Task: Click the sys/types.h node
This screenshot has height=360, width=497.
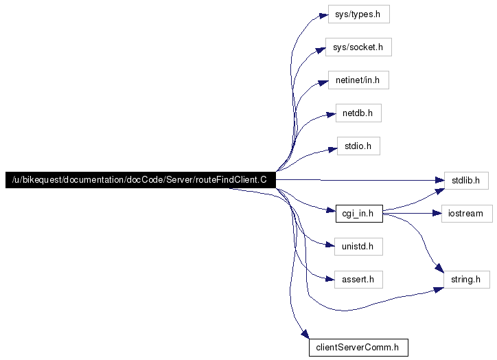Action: pyautogui.click(x=359, y=14)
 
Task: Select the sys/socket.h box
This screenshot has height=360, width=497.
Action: pyautogui.click(x=358, y=47)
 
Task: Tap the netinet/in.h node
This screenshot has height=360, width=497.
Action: pyautogui.click(x=358, y=80)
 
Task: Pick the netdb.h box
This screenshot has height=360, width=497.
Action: pyautogui.click(x=358, y=113)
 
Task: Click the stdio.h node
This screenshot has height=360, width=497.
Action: pyautogui.click(x=358, y=146)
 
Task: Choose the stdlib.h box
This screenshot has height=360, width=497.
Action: pyautogui.click(x=466, y=181)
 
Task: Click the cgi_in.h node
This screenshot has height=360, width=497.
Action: pyautogui.click(x=359, y=214)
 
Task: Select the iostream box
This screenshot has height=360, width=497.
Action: pyautogui.click(x=467, y=214)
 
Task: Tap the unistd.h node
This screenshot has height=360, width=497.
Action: pyautogui.click(x=358, y=247)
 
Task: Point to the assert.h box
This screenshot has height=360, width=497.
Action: pyautogui.click(x=358, y=280)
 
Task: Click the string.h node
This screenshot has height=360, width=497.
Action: pyautogui.click(x=467, y=280)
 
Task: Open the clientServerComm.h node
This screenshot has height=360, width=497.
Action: pyautogui.click(x=358, y=348)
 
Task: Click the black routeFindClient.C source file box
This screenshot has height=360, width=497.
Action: pyautogui.click(x=141, y=180)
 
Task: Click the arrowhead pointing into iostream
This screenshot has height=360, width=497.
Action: pyautogui.click(x=437, y=214)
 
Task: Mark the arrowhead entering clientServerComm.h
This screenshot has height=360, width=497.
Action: pyautogui.click(x=305, y=334)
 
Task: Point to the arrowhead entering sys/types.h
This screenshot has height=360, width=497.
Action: pyautogui.click(x=323, y=15)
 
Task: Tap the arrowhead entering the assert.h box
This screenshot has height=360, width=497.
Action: pyautogui.click(x=330, y=279)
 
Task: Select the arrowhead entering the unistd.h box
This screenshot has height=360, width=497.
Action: pyautogui.click(x=330, y=245)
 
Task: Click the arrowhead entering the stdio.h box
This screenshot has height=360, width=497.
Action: pyautogui.click(x=333, y=149)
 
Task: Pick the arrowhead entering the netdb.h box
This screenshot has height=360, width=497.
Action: pyautogui.click(x=332, y=115)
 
